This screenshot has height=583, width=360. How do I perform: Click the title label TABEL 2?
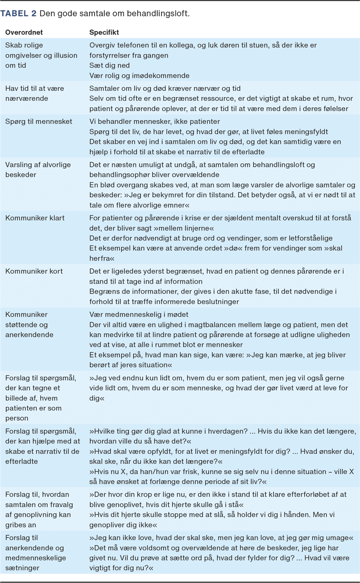19,14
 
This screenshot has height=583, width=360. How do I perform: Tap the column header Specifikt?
104,33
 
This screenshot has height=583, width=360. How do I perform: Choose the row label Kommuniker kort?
34,271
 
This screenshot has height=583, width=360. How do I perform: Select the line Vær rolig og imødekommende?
139,75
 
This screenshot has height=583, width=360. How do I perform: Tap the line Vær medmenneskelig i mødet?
139,315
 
